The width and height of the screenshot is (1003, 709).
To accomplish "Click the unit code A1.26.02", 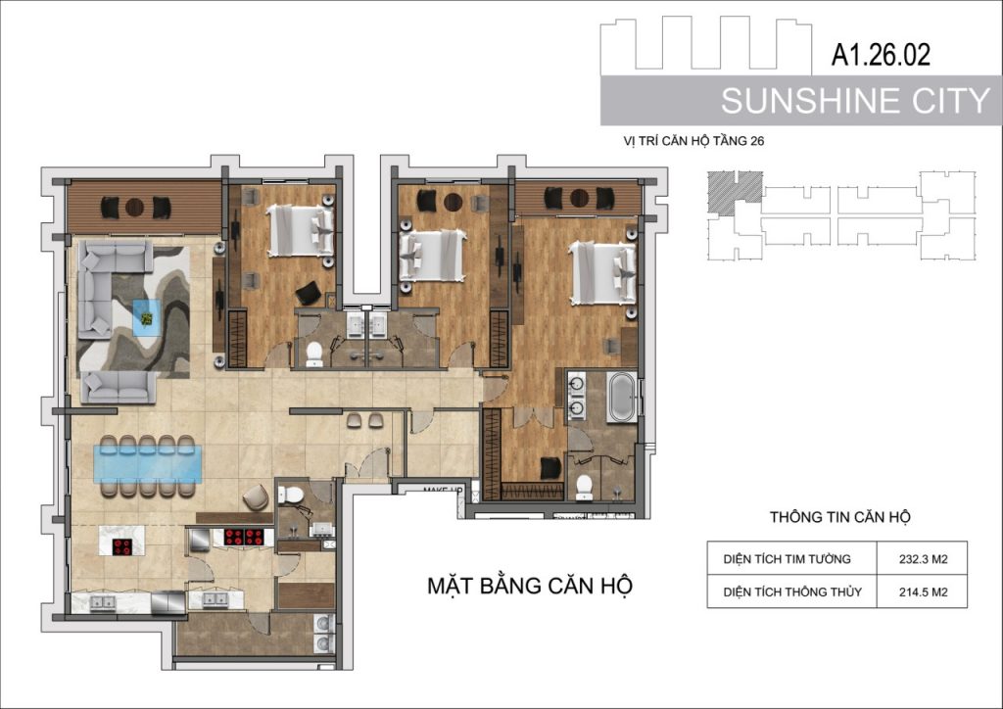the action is click(881, 55).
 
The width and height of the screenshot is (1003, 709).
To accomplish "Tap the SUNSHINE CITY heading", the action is click(855, 101).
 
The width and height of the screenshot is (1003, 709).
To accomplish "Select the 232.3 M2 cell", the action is click(923, 559).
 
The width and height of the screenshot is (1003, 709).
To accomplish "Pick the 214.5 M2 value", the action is click(923, 592).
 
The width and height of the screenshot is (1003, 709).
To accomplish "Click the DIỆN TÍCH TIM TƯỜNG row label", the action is click(787, 559).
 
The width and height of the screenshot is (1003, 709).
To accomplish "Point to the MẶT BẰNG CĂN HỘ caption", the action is click(530, 585).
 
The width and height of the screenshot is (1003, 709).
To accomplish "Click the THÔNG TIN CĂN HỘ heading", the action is click(839, 516).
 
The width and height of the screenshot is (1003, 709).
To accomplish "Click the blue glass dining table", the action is click(148, 464).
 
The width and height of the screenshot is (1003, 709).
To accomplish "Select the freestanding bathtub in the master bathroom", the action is click(621, 397).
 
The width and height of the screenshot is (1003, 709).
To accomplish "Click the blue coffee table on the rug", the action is click(147, 317).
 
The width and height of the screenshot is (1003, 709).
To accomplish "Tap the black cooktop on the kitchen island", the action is click(122, 547).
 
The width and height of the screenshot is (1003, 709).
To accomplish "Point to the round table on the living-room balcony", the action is click(134, 208).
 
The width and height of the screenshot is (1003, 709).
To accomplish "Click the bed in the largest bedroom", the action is click(603, 272).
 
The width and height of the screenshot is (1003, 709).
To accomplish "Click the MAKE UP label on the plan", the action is click(443, 491).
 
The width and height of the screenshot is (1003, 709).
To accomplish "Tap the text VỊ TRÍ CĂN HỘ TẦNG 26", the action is click(693, 141).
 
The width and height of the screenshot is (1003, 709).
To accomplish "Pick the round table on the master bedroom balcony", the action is click(580, 198).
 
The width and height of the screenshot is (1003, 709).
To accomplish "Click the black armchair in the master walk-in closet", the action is click(550, 467).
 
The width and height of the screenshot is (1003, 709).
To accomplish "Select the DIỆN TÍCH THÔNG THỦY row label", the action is click(791, 592).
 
